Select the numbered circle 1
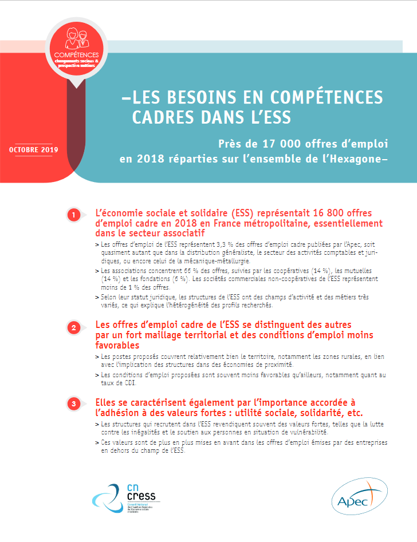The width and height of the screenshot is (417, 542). point(73,215)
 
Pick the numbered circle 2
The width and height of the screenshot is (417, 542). point(73,328)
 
